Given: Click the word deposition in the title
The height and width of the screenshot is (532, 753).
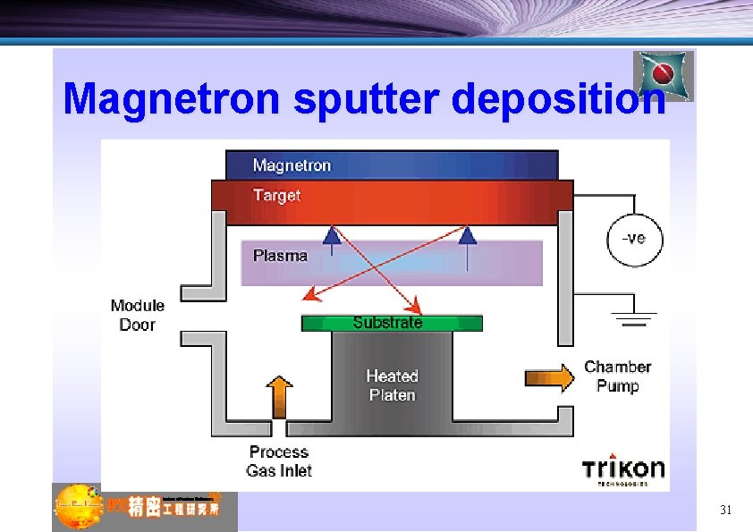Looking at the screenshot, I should [x=559, y=99].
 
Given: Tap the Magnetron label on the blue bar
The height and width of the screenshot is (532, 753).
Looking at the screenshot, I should [x=292, y=165].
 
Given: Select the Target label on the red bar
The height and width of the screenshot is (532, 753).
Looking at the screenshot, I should [x=276, y=195].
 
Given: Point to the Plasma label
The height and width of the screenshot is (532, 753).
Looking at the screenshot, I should [x=280, y=256].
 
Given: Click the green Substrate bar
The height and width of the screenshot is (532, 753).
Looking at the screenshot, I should [x=392, y=323].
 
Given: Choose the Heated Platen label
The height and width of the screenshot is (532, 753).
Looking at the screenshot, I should [x=392, y=385].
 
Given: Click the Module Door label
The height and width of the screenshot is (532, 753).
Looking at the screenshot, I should [x=138, y=316].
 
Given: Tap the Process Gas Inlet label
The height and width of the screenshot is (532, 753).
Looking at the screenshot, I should [x=278, y=461].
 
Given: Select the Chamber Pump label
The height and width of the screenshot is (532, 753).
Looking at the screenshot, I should [x=617, y=376].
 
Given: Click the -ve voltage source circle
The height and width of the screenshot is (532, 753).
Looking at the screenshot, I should [x=634, y=239].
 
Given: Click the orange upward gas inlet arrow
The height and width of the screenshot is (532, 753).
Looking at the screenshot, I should [x=280, y=397].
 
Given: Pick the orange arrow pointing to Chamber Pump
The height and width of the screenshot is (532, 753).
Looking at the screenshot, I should [x=549, y=377].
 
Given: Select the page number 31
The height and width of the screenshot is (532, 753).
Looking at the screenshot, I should [x=725, y=511].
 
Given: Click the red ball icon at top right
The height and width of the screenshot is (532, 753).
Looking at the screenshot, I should [x=664, y=75].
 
